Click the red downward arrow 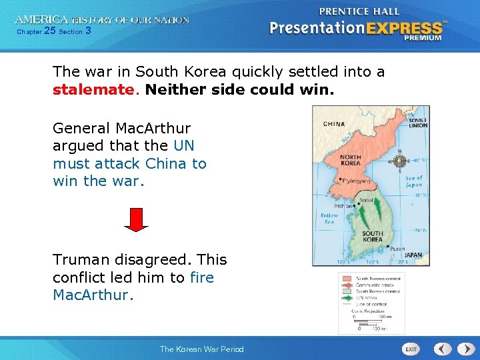click(x=136, y=219)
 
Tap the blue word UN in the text click(x=183, y=145)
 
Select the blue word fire click(x=202, y=277)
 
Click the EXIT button click(x=411, y=349)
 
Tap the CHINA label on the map click(x=334, y=124)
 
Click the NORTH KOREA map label click(x=350, y=160)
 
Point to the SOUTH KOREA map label click(x=372, y=236)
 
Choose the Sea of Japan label click(x=415, y=181)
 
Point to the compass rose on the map click(x=399, y=161)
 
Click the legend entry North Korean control click(x=377, y=278)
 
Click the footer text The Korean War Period click(x=201, y=349)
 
